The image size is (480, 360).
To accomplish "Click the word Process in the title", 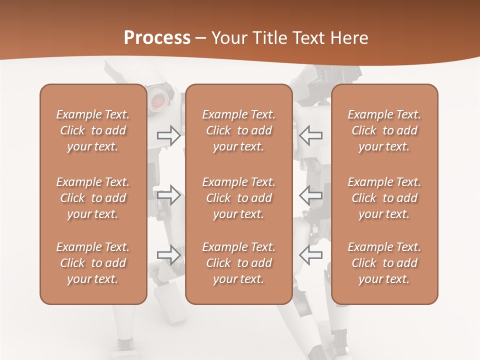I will point(157,37).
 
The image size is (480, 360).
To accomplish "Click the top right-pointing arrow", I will point(169,135).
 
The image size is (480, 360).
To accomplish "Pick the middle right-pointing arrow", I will point(169,195).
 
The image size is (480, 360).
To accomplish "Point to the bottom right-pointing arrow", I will point(169,254).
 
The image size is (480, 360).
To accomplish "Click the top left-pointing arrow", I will point(310,135).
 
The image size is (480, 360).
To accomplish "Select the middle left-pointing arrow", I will point(310,195).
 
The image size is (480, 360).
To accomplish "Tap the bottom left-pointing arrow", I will point(310,254).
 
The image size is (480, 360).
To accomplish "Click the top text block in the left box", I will point(93,130).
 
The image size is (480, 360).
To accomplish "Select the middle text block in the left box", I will point(93,198).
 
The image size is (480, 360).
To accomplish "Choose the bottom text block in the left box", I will point(93,263).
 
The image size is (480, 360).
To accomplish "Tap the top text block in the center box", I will point(239,130).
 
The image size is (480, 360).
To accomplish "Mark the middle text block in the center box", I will point(239,198).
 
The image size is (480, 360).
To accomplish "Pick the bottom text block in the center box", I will point(239,263).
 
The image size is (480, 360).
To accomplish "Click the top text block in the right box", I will point(384,130).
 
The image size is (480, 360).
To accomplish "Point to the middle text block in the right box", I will point(384,198).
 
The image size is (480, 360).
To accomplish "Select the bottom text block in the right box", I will point(384,263).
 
